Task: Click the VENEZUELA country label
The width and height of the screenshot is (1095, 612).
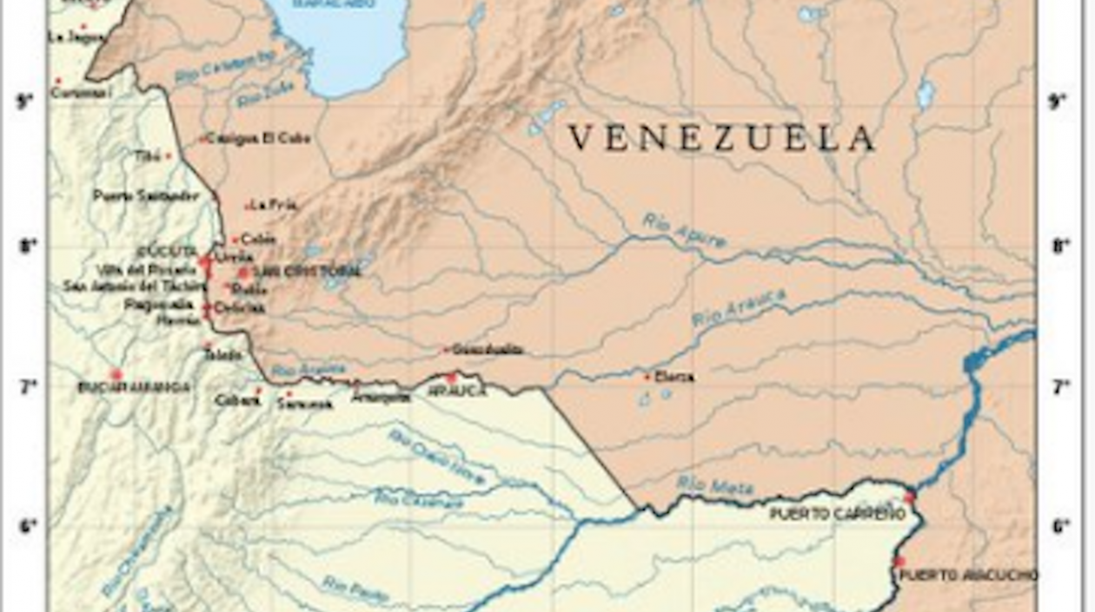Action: point(720,139)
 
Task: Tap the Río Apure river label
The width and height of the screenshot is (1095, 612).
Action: point(685,231)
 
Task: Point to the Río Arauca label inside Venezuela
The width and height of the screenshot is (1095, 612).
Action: point(738,308)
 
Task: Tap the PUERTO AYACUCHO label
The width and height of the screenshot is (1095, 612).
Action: point(968,575)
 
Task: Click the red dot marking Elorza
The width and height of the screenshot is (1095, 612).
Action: point(647,377)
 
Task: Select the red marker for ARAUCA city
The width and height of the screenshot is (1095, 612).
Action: point(451,378)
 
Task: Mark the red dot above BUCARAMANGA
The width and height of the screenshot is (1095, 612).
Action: point(116,374)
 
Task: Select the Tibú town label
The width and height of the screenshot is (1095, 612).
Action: point(148,155)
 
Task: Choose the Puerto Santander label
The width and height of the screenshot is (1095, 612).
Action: point(146,196)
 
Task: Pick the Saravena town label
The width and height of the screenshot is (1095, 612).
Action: point(305,405)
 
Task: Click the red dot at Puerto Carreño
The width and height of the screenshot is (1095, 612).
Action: point(910,497)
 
